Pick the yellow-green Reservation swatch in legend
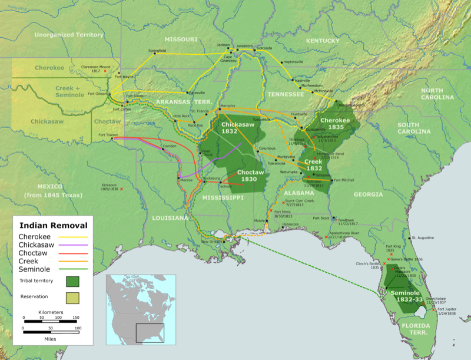74,297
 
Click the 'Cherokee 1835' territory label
335,123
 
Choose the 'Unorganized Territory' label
69,35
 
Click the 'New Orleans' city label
213,242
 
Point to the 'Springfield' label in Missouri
157,51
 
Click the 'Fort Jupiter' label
447,311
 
